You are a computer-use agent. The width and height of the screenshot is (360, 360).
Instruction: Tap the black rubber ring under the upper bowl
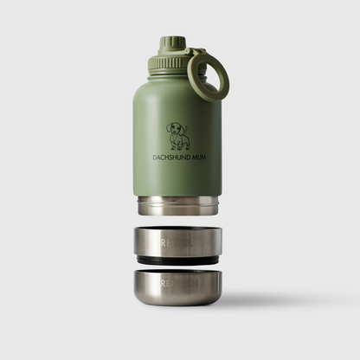point(178,258)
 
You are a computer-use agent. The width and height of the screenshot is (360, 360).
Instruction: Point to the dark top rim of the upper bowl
point(178,229)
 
